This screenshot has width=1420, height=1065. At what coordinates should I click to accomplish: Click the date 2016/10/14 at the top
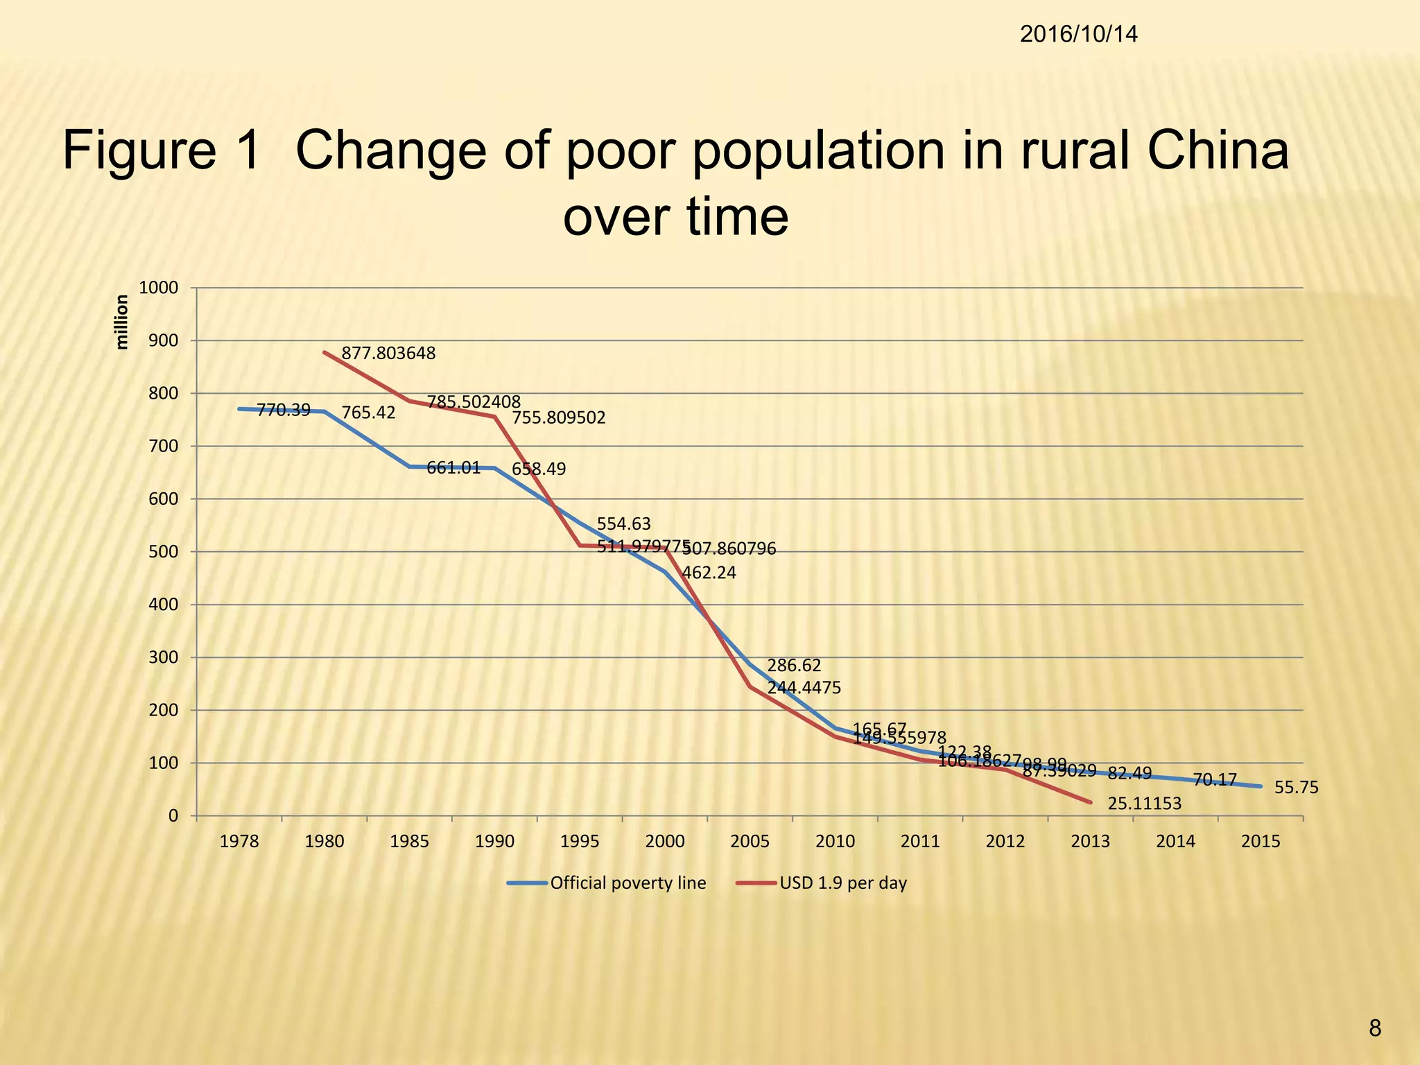[x=1078, y=35]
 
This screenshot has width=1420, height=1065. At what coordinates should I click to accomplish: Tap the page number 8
[x=1375, y=1029]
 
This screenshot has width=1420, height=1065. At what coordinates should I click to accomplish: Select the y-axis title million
[x=122, y=322]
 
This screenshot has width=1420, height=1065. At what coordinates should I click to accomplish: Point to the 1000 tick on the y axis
[x=159, y=288]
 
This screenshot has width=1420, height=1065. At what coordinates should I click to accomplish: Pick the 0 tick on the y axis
[x=173, y=816]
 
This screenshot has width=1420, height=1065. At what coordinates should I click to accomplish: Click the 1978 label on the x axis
[x=239, y=842]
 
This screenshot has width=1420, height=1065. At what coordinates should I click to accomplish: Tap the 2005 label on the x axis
[x=750, y=842]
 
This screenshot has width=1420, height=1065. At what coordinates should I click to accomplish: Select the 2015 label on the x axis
[x=1261, y=842]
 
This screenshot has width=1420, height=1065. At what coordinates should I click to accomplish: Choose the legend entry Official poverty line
[x=627, y=883]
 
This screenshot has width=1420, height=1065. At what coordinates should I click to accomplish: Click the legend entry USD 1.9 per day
[x=843, y=883]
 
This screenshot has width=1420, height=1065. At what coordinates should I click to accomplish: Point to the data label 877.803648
[x=388, y=354]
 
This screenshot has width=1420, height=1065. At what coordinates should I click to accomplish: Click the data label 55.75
[x=1296, y=788]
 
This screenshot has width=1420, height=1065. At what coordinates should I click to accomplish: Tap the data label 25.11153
[x=1144, y=804]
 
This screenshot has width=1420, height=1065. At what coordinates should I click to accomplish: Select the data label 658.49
[x=539, y=469]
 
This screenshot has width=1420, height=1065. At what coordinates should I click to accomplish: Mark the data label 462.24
[x=709, y=573]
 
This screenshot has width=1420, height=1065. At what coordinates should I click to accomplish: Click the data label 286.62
[x=794, y=666]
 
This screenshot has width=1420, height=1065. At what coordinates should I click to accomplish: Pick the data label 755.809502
[x=559, y=418]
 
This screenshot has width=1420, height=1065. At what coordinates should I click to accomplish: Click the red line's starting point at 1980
[x=324, y=352]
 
